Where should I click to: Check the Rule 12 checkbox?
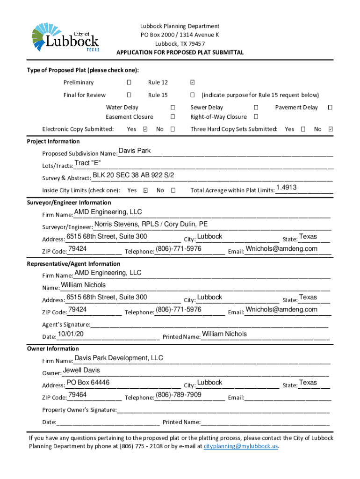click(x=192, y=83)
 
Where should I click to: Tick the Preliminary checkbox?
click(x=129, y=83)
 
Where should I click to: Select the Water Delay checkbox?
click(x=173, y=108)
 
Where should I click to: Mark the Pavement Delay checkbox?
click(x=330, y=108)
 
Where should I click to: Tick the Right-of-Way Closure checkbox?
click(x=256, y=117)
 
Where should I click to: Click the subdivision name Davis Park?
click(x=135, y=151)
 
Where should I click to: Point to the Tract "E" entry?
click(x=87, y=163)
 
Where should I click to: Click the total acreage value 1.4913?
click(x=286, y=188)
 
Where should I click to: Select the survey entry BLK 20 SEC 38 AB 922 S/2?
click(x=133, y=175)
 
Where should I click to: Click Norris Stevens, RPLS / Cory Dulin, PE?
click(x=151, y=224)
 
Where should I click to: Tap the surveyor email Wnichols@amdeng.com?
click(x=281, y=248)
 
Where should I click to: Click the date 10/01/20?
click(x=70, y=334)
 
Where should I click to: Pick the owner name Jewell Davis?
click(x=81, y=370)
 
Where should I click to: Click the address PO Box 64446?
click(x=88, y=382)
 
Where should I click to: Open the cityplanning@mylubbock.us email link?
click(x=241, y=447)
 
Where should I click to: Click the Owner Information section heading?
click(x=53, y=348)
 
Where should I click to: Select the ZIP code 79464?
click(x=77, y=394)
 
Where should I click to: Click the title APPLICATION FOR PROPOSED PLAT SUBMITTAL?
click(x=180, y=52)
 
